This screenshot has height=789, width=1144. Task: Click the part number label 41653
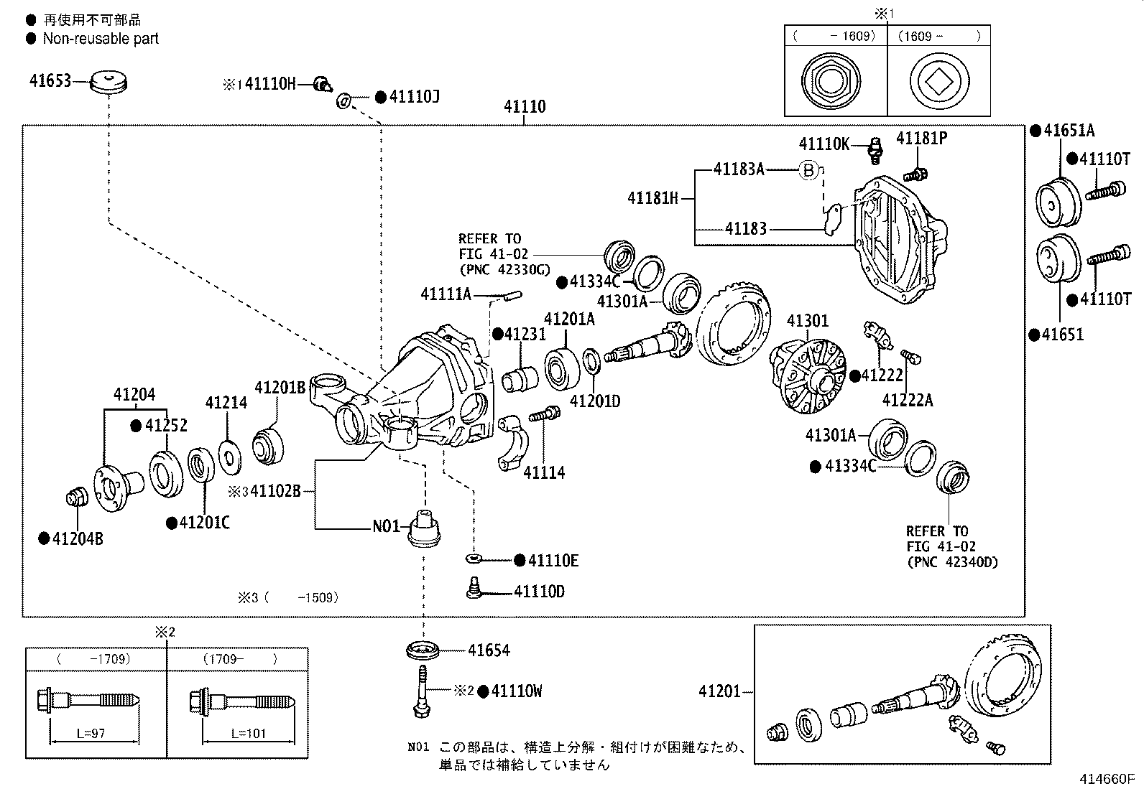[50, 80]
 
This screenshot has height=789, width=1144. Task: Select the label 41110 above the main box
[525, 106]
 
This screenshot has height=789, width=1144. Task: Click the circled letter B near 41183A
[809, 170]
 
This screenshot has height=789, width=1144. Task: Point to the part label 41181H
[652, 197]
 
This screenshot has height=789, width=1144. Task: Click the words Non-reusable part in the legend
[101, 39]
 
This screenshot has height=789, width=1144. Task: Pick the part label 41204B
[78, 538]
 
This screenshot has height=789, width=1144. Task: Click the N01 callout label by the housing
[386, 526]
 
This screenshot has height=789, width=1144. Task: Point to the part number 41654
[489, 650]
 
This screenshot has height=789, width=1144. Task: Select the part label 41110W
[516, 691]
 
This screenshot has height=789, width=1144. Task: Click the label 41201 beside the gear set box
[719, 691]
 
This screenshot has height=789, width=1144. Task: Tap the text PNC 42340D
[952, 562]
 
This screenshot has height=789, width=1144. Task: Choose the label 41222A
[908, 401]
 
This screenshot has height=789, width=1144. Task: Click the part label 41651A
[1069, 131]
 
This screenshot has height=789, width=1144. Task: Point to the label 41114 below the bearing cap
[544, 472]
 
